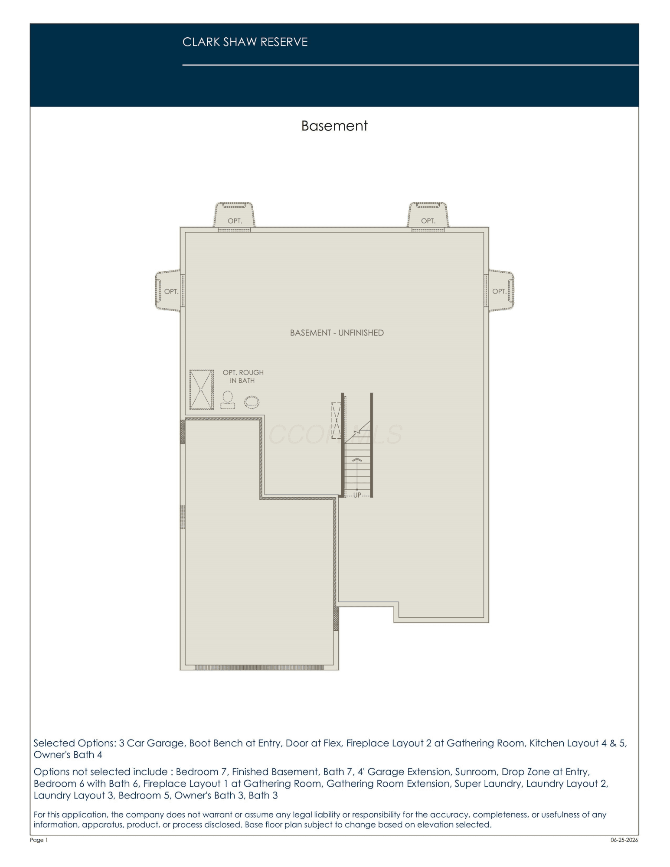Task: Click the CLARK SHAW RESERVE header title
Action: (245, 42)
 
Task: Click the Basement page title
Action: (334, 126)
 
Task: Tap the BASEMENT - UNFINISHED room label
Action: (337, 333)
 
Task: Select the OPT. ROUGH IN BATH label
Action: (243, 376)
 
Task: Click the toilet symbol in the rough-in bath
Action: (228, 400)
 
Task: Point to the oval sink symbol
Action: (252, 402)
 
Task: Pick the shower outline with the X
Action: (202, 390)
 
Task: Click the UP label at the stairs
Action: (357, 495)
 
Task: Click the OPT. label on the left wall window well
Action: (171, 291)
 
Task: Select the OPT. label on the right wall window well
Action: (499, 291)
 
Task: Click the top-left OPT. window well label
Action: (235, 221)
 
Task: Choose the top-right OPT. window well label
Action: (428, 221)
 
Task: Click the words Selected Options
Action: (75, 743)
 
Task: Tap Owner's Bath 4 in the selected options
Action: (68, 755)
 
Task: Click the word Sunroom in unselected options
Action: (474, 772)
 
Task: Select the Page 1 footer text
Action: (39, 840)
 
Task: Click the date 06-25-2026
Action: (624, 840)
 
